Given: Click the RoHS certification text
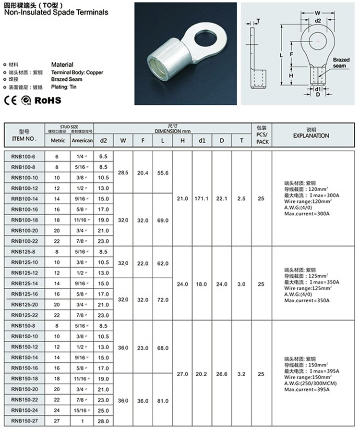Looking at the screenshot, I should point(48,100).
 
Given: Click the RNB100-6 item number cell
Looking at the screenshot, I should point(24,157).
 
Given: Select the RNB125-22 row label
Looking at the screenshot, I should point(24,315).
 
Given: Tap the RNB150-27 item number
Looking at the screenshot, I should point(24,421).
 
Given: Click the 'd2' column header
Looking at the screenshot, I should point(103,140).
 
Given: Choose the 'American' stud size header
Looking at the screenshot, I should point(82,140).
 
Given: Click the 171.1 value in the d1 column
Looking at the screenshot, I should point(202,198).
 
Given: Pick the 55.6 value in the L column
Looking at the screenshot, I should point(163,173).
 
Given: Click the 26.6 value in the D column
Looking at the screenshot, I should point(221,373).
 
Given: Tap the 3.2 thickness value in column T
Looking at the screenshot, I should point(241,373).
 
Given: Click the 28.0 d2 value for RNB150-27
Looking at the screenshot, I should point(103,421).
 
